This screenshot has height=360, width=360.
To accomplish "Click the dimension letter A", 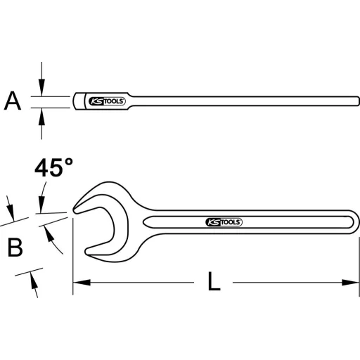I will (x=12, y=102).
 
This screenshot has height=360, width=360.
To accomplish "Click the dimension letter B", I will (x=15, y=247).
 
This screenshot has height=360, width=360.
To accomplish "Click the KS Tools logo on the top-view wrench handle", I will (x=224, y=221).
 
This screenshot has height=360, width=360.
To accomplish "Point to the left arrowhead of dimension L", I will (x=79, y=283).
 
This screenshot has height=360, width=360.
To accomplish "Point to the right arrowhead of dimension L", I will (x=352, y=283).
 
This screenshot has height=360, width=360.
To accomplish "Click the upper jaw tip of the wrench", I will (x=77, y=207).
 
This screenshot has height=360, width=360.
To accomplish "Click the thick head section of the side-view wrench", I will (x=81, y=101).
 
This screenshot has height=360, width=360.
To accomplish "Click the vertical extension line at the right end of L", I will (x=359, y=267).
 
